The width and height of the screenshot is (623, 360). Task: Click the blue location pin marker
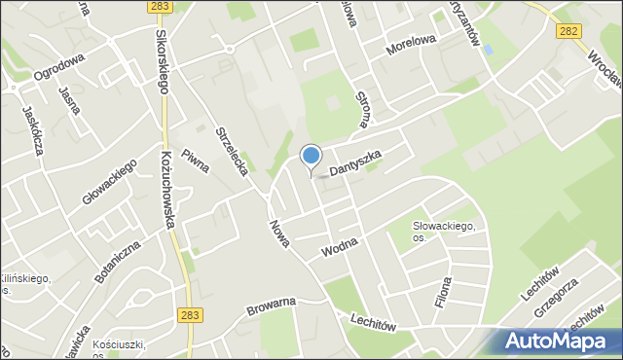pyautogui.click(x=311, y=157)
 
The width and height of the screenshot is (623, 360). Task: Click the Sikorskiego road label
pyautogui.click(x=161, y=58)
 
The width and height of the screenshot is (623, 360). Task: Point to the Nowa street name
pyautogui.click(x=279, y=232)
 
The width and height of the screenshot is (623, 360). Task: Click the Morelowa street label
pyautogui.click(x=412, y=51)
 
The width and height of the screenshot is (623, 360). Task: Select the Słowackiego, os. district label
pyautogui.click(x=443, y=232)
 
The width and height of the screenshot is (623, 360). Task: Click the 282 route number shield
pyautogui.click(x=570, y=31)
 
